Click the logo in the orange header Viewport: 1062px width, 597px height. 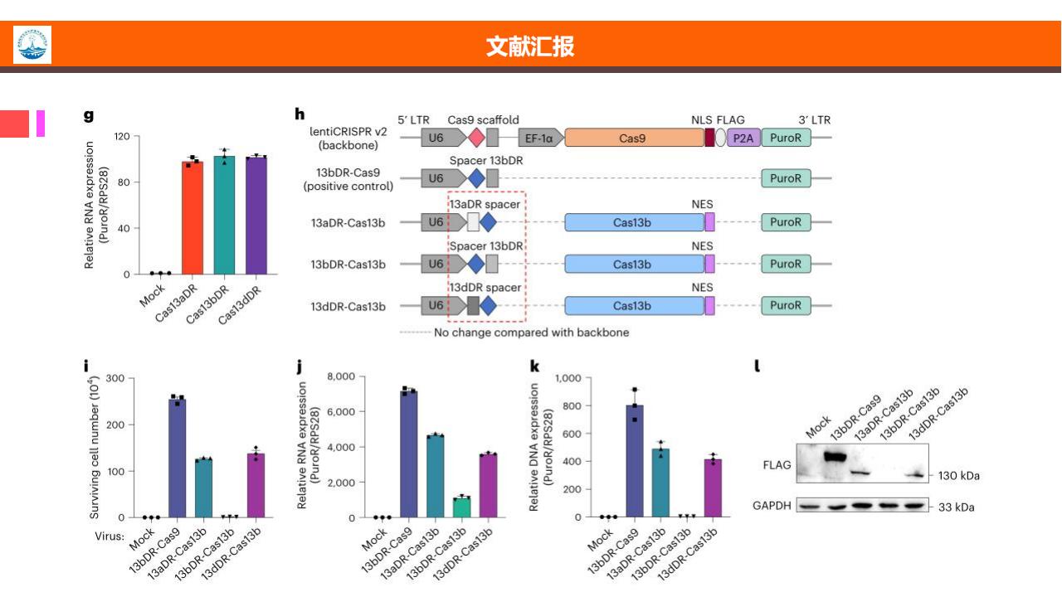32,45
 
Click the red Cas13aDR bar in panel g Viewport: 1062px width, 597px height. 192,217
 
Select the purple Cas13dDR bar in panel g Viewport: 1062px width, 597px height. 256,215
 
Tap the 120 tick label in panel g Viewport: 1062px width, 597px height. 122,137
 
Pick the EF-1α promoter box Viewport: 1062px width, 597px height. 541,138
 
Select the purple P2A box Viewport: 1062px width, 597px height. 743,138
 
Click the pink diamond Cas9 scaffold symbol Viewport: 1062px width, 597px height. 476,138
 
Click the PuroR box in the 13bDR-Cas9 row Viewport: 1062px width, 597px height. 786,178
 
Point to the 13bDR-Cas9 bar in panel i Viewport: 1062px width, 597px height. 178,459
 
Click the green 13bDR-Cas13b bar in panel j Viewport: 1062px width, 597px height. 461,507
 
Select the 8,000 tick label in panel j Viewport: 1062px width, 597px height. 341,376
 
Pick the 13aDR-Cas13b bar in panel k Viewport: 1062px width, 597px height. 660,483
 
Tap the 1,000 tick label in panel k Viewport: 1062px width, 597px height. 568,378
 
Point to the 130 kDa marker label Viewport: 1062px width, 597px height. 958,476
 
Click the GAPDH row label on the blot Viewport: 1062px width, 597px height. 772,506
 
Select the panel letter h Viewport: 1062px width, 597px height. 300,114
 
